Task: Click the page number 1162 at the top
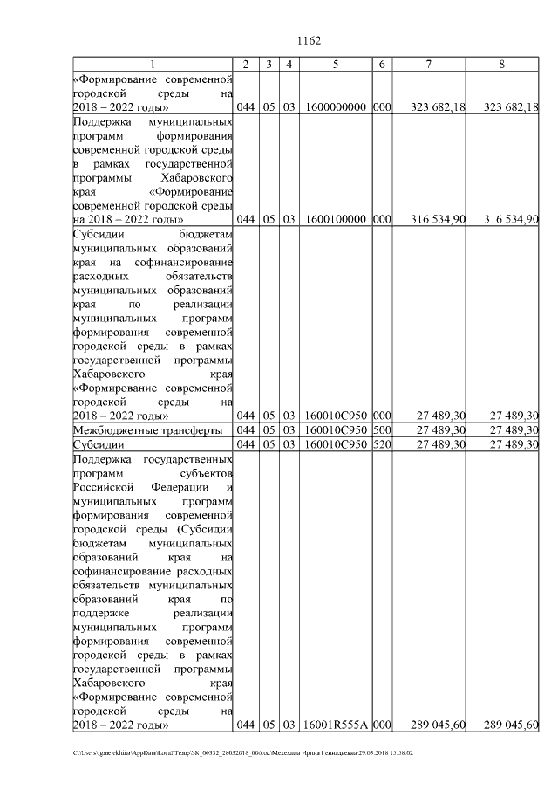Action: coord(310,40)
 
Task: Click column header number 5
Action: coord(336,65)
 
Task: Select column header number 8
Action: coord(501,65)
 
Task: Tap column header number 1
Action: coord(153,65)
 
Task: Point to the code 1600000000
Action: coord(336,106)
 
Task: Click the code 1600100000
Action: coord(336,219)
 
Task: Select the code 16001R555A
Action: coord(336,725)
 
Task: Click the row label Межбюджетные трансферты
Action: coord(148,430)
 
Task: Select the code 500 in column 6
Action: coord(381,430)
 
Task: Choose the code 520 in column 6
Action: coord(381,444)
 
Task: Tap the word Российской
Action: coord(104,486)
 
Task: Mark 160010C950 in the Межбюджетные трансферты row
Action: coord(336,430)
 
